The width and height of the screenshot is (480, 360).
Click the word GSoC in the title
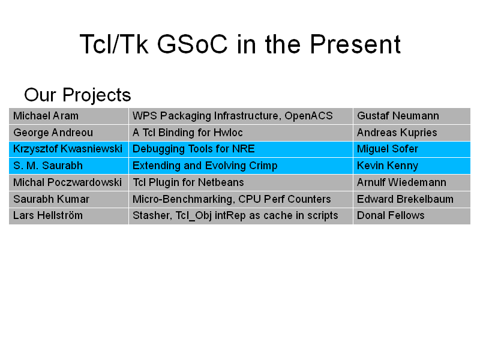192,44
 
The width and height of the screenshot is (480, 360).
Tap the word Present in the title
355,44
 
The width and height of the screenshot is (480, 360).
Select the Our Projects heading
77,95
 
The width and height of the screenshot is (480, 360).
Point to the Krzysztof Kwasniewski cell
68,149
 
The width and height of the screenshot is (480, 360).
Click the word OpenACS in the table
308,116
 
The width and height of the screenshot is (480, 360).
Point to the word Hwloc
228,133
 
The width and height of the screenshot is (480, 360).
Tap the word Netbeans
221,182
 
